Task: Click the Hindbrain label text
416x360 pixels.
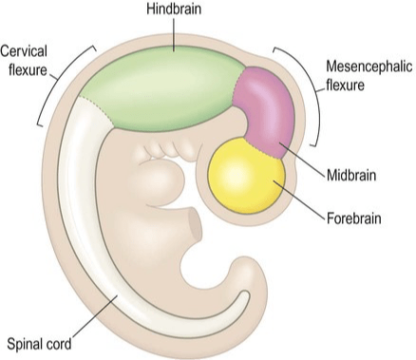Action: (x=174, y=9)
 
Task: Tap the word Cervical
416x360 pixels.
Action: (x=24, y=51)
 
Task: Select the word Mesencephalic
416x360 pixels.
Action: (x=369, y=66)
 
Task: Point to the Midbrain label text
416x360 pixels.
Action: (x=351, y=175)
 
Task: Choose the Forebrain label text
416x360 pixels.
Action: (x=353, y=218)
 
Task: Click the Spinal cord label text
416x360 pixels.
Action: (x=39, y=345)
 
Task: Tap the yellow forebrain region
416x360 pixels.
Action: (x=246, y=177)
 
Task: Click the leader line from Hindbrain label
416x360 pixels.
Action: (x=174, y=34)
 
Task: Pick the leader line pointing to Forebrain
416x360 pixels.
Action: (x=299, y=199)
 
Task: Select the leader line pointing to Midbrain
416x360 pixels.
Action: (x=302, y=159)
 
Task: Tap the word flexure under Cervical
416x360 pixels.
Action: (x=28, y=69)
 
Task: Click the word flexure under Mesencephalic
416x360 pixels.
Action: (x=345, y=85)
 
